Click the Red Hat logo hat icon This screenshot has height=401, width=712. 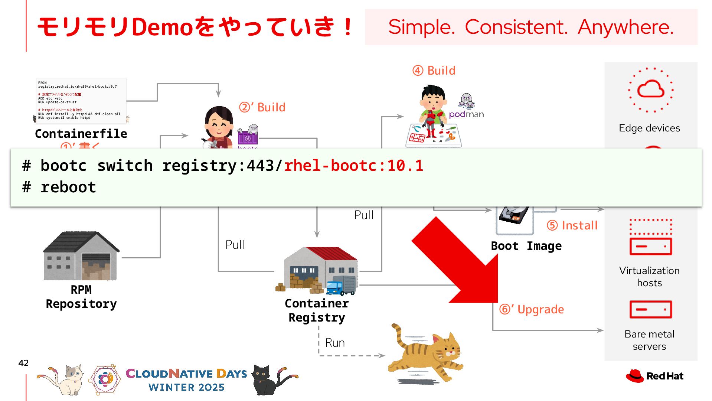pos(634,376)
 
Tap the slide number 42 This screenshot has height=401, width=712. pos(23,363)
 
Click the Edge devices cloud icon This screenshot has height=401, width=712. pos(651,89)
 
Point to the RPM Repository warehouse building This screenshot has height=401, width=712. pos(81,256)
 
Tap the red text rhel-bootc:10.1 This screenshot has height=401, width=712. pos(353,166)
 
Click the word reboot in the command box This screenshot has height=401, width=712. pos(68,187)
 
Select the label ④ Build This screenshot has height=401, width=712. pos(434,71)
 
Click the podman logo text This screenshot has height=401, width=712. pos(466,114)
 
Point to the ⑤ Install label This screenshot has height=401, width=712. pos(572,225)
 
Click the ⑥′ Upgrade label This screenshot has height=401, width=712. pos(532,309)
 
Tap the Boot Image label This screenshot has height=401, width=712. pos(526,246)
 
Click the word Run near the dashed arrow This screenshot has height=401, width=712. pos(335,343)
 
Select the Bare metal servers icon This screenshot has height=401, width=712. pos(651,309)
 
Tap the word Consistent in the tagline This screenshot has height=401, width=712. pos(516,27)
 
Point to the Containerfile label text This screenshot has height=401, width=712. pos(81,134)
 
